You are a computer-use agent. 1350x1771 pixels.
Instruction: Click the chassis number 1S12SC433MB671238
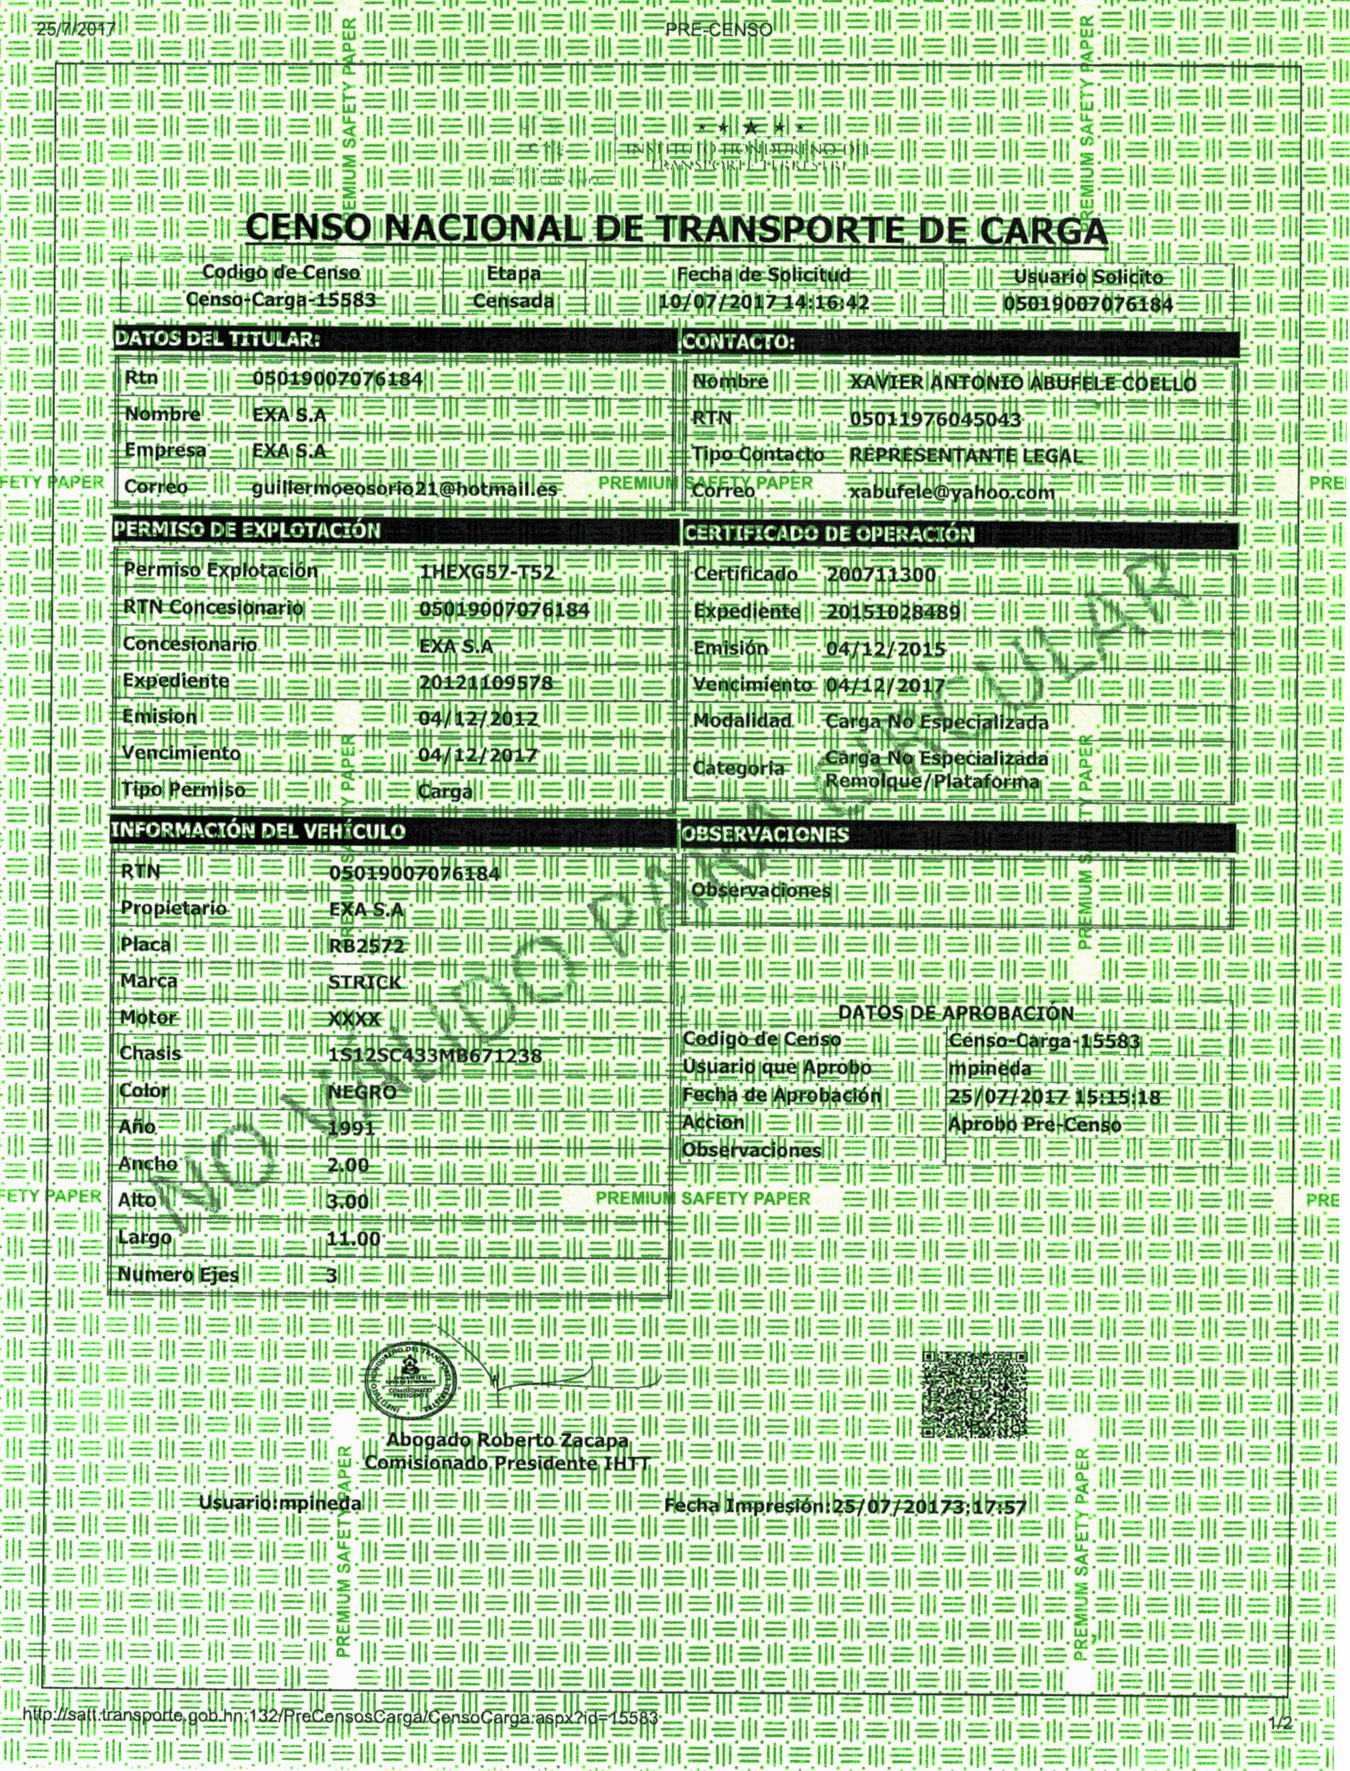click(435, 1055)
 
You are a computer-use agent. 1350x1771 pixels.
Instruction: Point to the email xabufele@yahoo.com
click(952, 492)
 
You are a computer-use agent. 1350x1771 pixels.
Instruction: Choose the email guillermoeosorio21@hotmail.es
click(404, 488)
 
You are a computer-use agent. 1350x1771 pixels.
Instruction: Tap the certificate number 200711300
click(881, 575)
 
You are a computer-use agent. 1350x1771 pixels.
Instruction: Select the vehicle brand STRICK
click(365, 983)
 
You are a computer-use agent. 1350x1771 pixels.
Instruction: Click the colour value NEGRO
click(362, 1092)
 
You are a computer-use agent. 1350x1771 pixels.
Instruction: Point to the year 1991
click(352, 1128)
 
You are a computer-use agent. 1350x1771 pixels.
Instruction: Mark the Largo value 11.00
click(354, 1238)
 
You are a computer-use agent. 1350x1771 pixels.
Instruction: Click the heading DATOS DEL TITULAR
click(217, 339)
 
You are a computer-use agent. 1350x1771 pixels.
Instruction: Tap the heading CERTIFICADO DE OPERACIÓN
click(828, 534)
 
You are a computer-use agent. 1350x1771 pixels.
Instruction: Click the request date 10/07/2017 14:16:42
click(763, 303)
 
